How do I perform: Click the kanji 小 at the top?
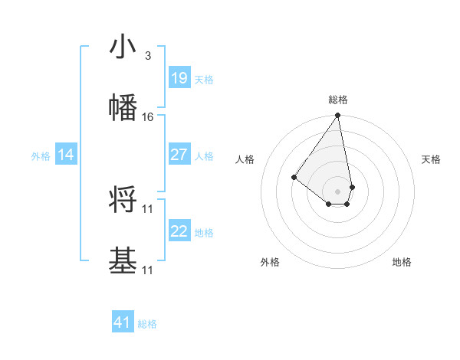click(123, 47)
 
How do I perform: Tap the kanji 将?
click(123, 201)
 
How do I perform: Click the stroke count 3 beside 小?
click(147, 56)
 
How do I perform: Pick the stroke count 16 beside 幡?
click(148, 116)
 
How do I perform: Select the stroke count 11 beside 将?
click(148, 208)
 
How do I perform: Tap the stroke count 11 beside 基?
click(148, 270)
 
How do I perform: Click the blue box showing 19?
click(179, 78)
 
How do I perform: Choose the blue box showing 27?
click(179, 155)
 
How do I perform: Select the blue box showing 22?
click(179, 231)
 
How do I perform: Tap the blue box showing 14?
click(66, 155)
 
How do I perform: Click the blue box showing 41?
click(123, 322)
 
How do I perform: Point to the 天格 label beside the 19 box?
click(204, 79)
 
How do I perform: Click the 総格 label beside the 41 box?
click(147, 324)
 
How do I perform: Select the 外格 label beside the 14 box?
click(41, 155)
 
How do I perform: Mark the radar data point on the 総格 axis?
click(337, 116)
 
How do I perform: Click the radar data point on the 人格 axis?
click(294, 177)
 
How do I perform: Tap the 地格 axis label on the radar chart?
click(402, 262)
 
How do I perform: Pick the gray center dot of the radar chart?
click(337, 191)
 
